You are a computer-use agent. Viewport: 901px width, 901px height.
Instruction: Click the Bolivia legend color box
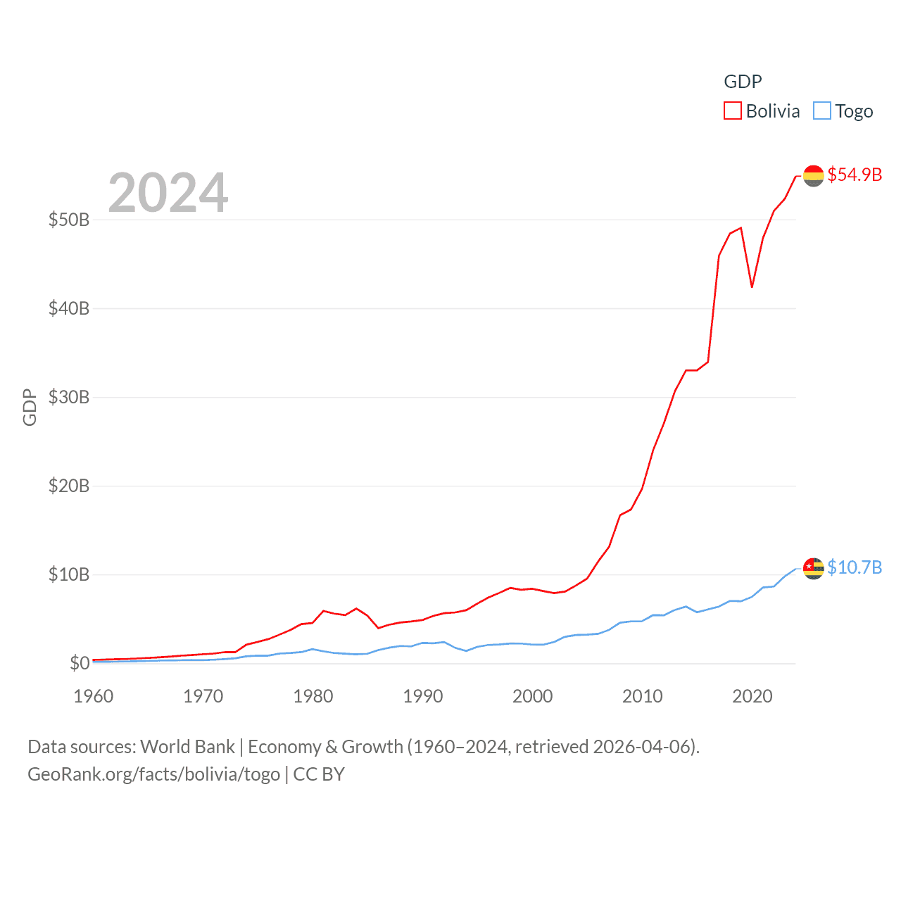click(x=733, y=111)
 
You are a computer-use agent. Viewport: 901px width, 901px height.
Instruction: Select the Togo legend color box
click(x=822, y=111)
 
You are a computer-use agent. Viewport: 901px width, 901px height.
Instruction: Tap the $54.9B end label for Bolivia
click(x=855, y=175)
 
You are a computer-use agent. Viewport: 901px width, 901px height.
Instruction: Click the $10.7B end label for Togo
click(x=855, y=567)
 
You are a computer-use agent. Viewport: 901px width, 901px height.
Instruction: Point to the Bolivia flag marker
click(x=814, y=176)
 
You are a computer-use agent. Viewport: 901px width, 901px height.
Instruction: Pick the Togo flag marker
click(x=814, y=568)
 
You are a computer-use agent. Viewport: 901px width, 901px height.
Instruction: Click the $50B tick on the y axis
click(x=69, y=220)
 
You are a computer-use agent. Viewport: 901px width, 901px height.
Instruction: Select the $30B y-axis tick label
click(x=69, y=397)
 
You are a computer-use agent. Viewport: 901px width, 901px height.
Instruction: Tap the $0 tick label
click(x=80, y=663)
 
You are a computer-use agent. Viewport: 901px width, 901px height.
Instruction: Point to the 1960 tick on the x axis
click(x=94, y=696)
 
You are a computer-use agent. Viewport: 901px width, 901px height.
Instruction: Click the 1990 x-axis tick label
click(x=423, y=696)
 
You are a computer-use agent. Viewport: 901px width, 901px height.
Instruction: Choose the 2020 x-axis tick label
click(x=752, y=696)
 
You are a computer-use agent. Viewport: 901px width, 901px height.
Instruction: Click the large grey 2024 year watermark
click(x=168, y=193)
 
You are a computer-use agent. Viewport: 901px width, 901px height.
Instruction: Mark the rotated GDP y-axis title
click(x=30, y=407)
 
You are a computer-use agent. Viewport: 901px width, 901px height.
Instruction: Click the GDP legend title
click(x=743, y=82)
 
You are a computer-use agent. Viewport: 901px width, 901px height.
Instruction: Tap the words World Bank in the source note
click(x=188, y=746)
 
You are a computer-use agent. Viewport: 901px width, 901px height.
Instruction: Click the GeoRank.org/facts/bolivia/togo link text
click(x=153, y=774)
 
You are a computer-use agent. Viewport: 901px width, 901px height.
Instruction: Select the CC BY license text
click(x=319, y=774)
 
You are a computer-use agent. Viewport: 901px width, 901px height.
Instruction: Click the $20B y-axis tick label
click(x=69, y=486)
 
